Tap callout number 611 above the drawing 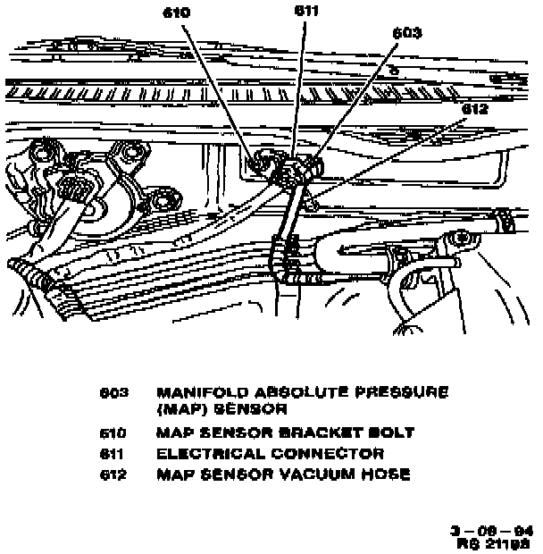306,11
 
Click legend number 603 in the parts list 116,393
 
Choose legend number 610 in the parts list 116,433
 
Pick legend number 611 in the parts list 116,454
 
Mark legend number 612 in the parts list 116,474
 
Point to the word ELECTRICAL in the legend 212,454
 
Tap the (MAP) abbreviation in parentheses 180,410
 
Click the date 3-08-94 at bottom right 492,528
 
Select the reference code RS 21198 494,541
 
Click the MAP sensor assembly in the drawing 296,171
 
